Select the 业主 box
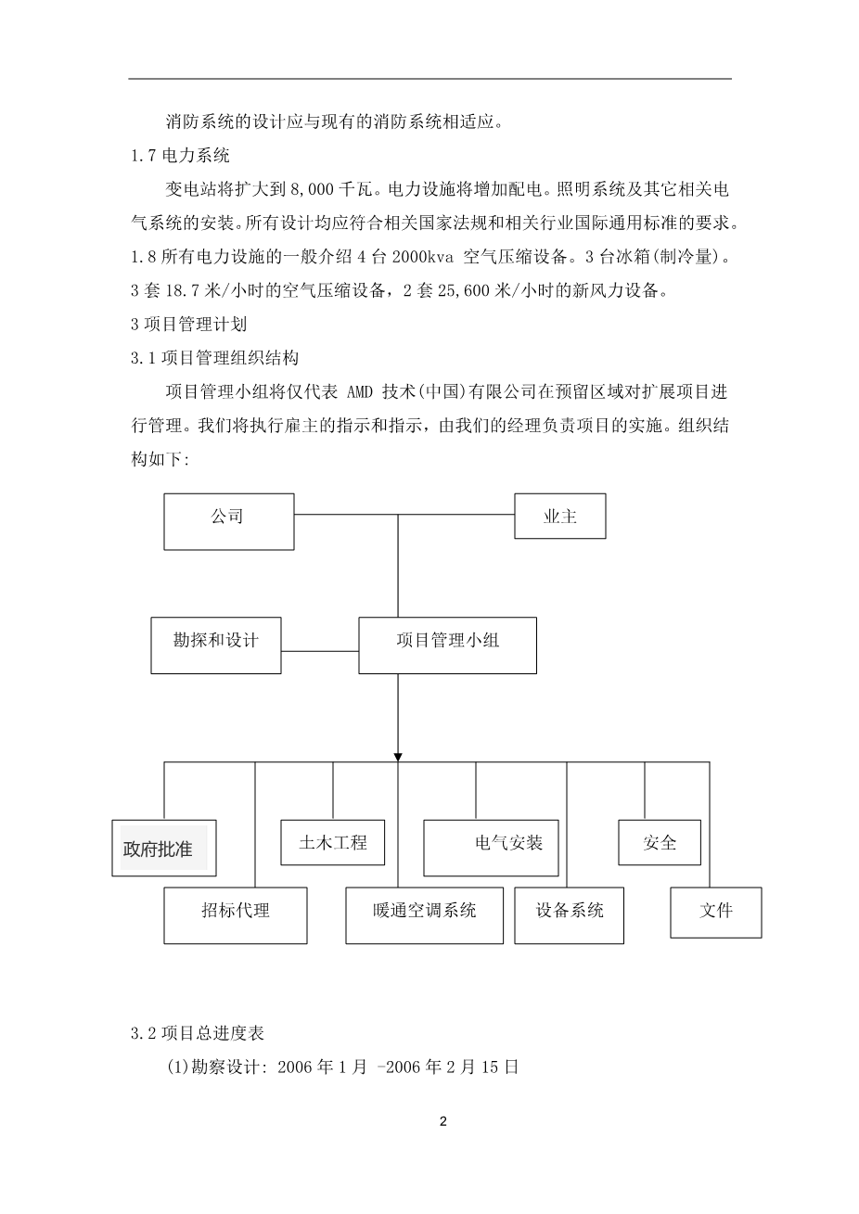pos(559,516)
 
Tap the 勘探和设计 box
pos(216,645)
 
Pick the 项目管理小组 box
pos(447,645)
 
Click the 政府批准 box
pos(163,848)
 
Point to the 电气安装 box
pos(491,847)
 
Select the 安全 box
pos(660,842)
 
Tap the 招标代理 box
pos(235,914)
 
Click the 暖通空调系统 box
pos(424,914)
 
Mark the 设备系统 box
pos(570,914)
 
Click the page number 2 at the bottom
pos(442,1121)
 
